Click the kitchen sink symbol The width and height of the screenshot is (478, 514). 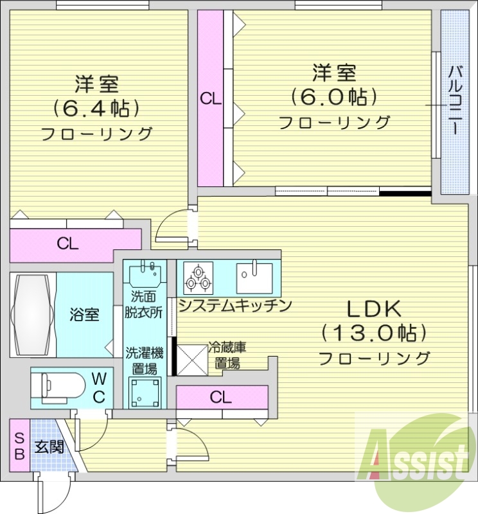click(254, 277)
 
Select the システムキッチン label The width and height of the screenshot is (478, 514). click(235, 306)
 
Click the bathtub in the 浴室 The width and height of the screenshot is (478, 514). click(32, 314)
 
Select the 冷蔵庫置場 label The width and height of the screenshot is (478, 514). click(227, 356)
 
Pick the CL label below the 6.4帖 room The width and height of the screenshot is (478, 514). click(67, 244)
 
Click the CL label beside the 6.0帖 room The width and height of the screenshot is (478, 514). click(210, 99)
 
